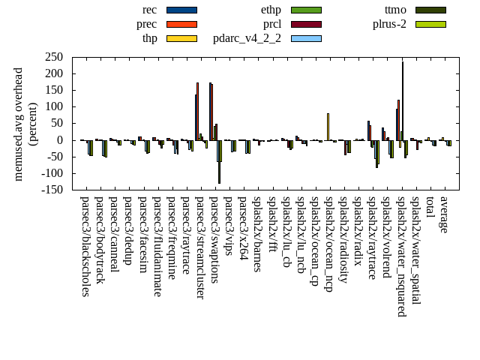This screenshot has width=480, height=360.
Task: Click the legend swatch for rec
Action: coord(181,10)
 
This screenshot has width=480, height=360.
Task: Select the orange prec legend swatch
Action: coord(181,24)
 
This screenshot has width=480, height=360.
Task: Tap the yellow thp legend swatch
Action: coord(181,38)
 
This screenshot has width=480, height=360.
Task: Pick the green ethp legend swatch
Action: coord(306,10)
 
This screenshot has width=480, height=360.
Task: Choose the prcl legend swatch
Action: coord(306,24)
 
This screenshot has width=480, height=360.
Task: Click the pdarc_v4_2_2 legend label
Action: coord(247,38)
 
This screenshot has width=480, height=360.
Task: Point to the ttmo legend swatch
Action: coord(430,10)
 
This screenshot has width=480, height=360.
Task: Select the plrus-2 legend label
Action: coord(389,24)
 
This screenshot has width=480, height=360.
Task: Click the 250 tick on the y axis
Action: coord(53,57)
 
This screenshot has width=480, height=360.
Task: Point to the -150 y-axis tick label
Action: coord(51,190)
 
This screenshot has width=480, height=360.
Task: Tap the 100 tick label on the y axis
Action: coord(53,106)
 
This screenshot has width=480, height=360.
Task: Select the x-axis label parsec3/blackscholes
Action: coord(85,246)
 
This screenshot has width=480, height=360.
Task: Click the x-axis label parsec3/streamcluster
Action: coord(199,247)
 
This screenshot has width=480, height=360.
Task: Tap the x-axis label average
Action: coord(443,214)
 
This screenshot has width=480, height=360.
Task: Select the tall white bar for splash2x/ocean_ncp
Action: coord(328,127)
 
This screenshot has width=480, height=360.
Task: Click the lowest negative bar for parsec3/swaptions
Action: coord(219,161)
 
